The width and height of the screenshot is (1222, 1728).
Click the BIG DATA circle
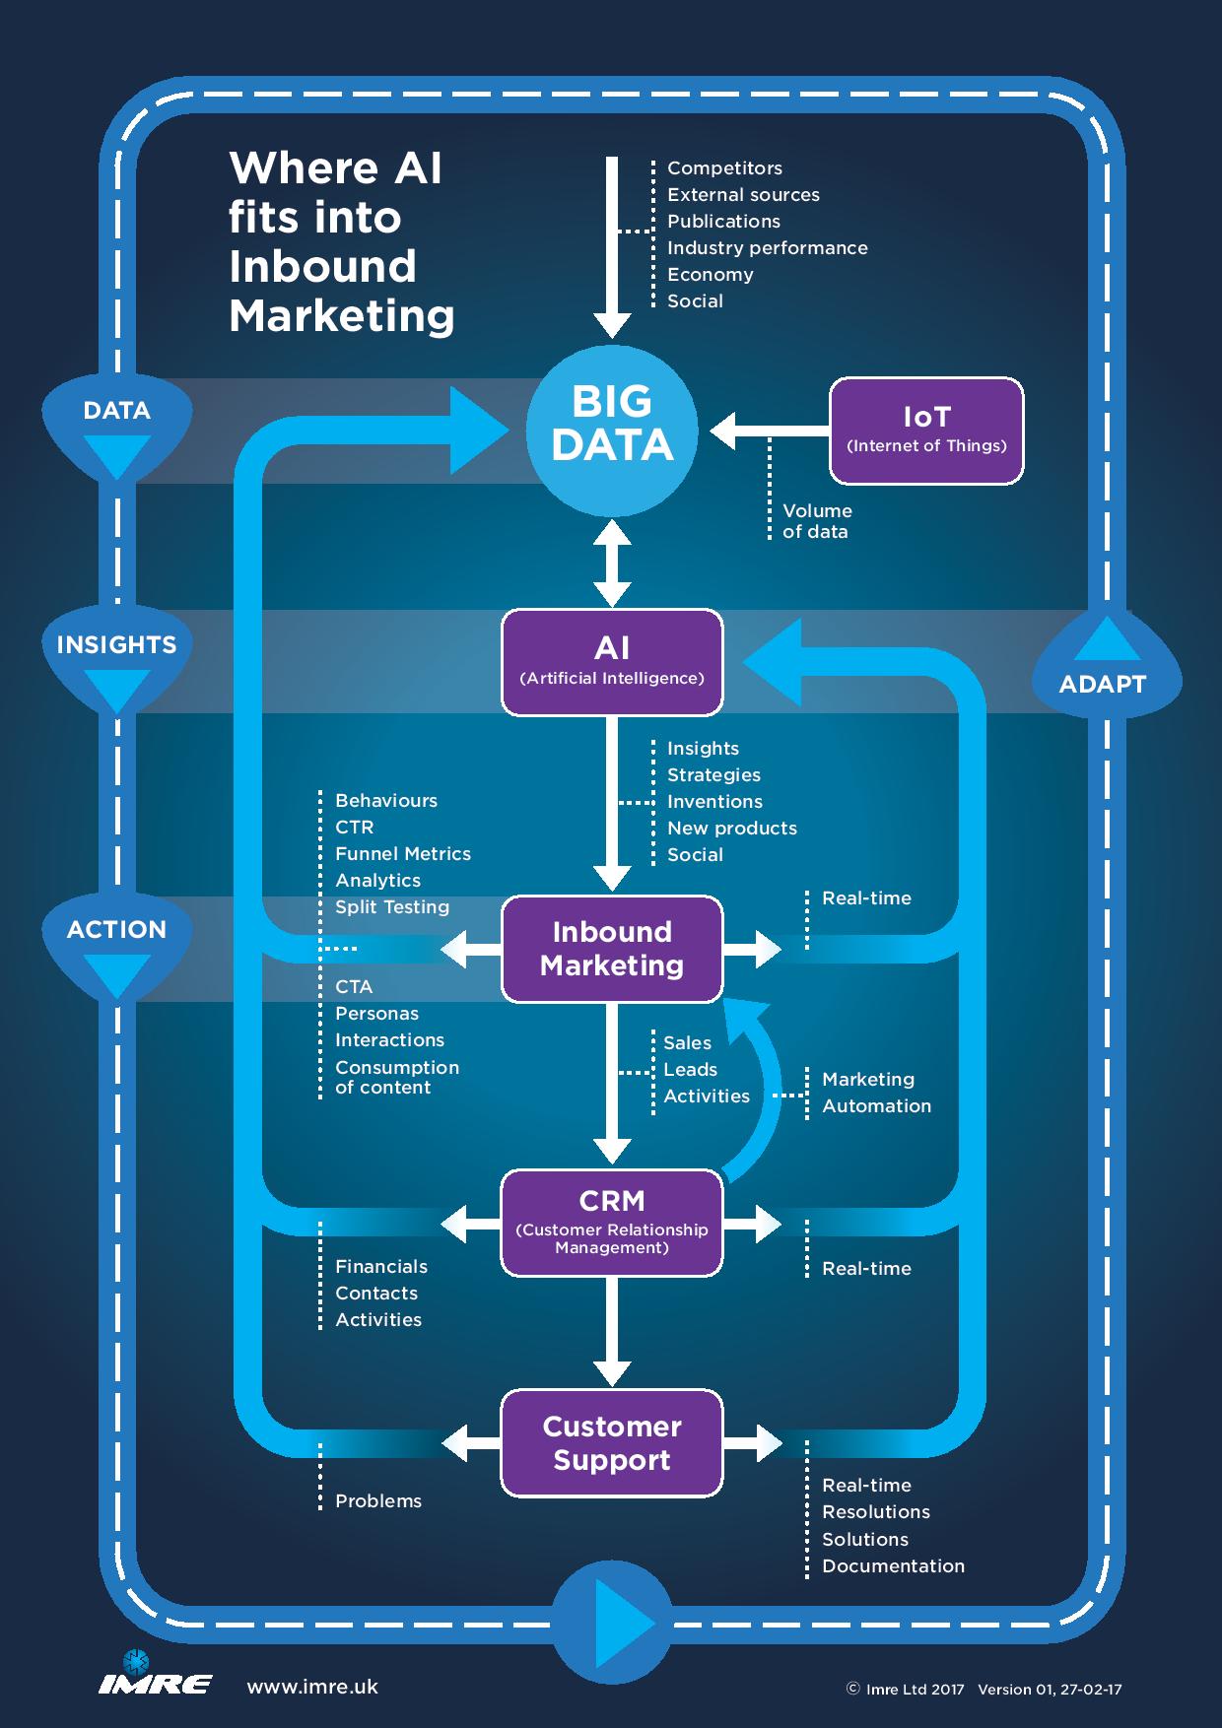click(612, 430)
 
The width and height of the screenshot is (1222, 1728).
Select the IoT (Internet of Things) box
click(926, 431)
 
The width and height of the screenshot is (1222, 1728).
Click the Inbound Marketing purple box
click(612, 949)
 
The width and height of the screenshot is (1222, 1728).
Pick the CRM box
click(612, 1223)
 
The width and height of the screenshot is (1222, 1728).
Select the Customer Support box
click(612, 1443)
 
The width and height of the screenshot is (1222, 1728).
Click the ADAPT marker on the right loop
click(1102, 670)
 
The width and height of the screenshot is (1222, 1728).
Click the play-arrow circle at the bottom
click(612, 1621)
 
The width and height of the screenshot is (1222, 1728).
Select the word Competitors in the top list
click(724, 168)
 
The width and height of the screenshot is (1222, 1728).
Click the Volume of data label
click(816, 521)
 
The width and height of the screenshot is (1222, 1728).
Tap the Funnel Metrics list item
click(402, 854)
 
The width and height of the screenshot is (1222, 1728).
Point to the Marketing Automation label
click(875, 1093)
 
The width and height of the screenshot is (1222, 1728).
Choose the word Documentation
click(893, 1565)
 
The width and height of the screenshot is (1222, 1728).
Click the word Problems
click(377, 1500)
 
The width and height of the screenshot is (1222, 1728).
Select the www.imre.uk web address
click(312, 1687)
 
